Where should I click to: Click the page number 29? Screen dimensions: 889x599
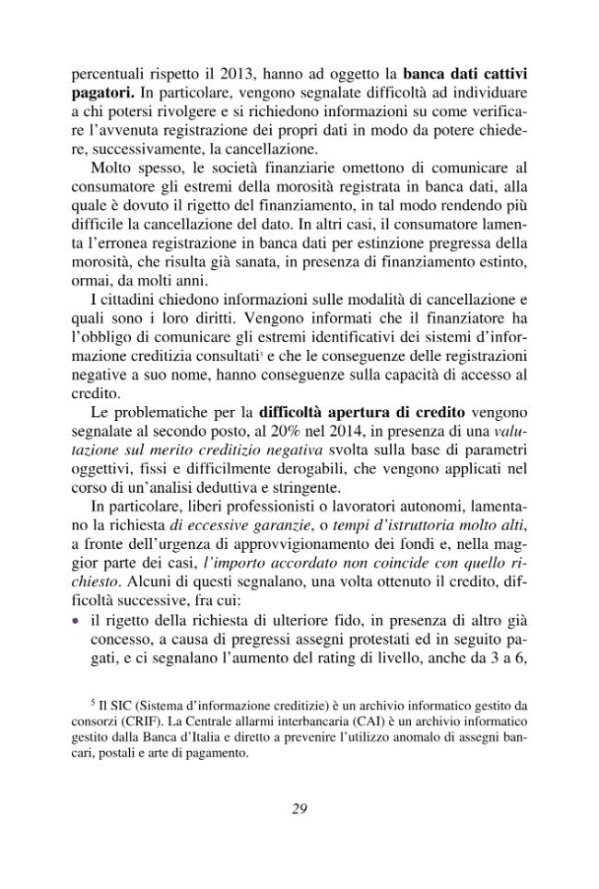pyautogui.click(x=299, y=810)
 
